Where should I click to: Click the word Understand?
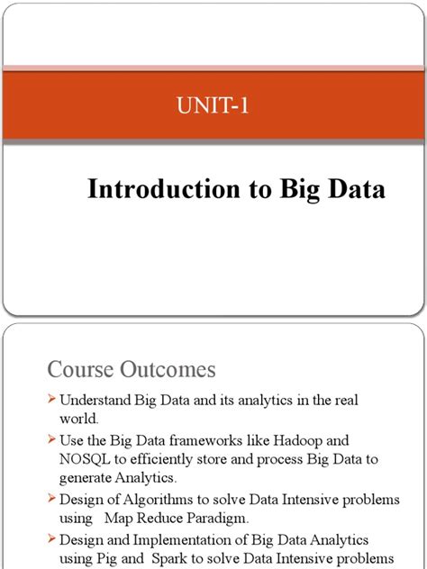96,399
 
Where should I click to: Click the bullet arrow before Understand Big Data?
52,399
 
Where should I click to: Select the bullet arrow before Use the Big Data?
52,441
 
